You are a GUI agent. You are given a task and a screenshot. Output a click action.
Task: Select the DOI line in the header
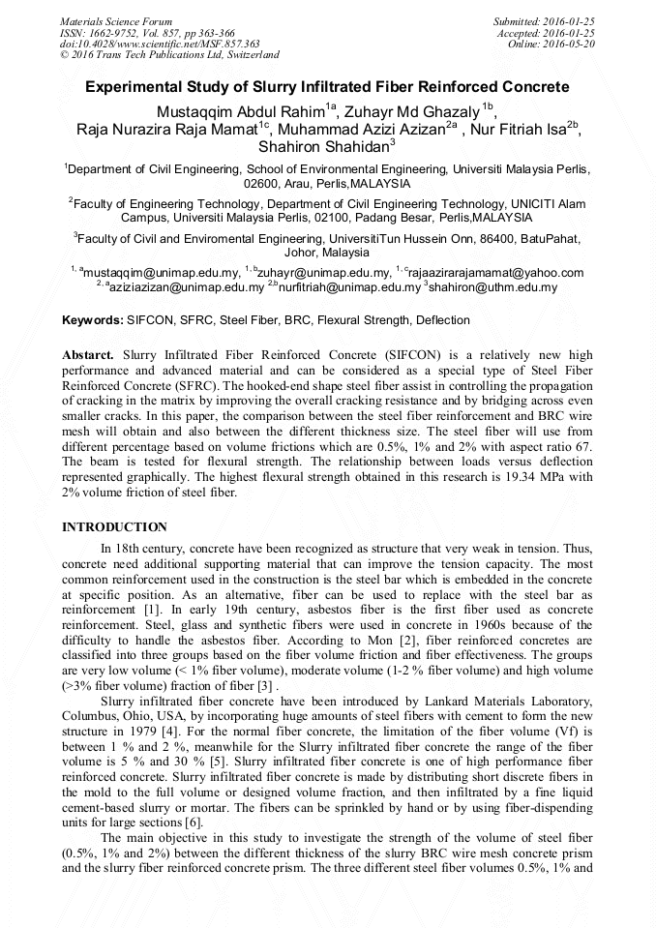tap(160, 44)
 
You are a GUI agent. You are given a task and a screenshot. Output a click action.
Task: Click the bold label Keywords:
tap(93, 320)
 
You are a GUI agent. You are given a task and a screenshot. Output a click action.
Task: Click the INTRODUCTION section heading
tap(114, 527)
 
